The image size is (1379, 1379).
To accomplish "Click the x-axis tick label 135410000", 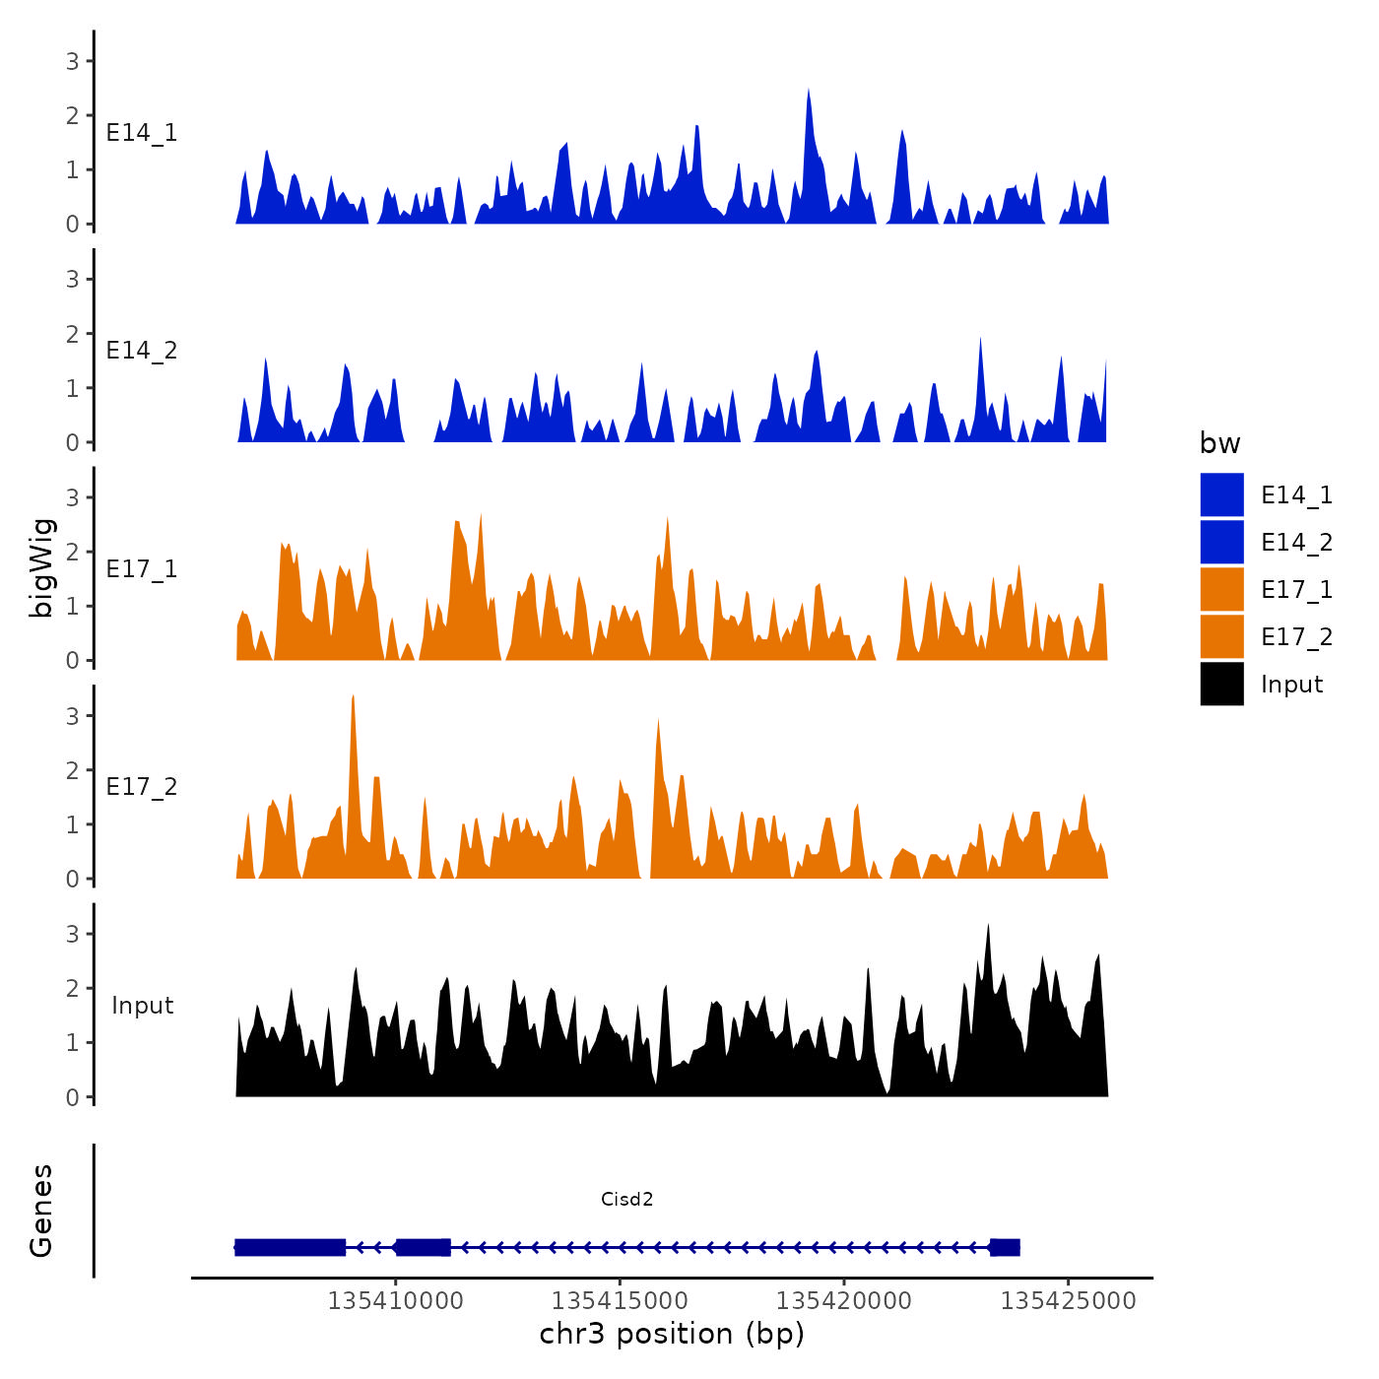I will point(395,1300).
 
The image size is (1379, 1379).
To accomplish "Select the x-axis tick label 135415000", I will point(620,1300).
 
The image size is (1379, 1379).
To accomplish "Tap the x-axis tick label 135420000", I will point(844,1300).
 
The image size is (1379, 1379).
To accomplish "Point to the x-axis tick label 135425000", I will point(1069,1300).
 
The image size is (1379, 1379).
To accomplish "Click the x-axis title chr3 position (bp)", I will point(672,1335).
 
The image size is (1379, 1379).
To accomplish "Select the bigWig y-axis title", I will point(41,568).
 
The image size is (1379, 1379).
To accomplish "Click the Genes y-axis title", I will point(41,1211).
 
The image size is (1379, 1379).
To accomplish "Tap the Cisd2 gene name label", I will point(627,1199).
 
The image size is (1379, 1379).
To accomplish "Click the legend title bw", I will point(1219,443).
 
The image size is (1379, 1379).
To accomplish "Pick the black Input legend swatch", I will point(1221,684).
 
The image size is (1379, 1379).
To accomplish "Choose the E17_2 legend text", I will point(1296,637).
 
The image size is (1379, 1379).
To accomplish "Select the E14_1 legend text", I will point(1296,495).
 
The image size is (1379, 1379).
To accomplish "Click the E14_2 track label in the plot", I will point(142,351).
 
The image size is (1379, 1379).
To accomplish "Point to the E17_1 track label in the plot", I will point(142,569).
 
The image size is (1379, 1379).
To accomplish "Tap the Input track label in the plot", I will point(142,1006).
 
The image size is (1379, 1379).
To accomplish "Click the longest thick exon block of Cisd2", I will point(291,1247).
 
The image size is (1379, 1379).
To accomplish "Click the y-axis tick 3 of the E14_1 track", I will point(72,61).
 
